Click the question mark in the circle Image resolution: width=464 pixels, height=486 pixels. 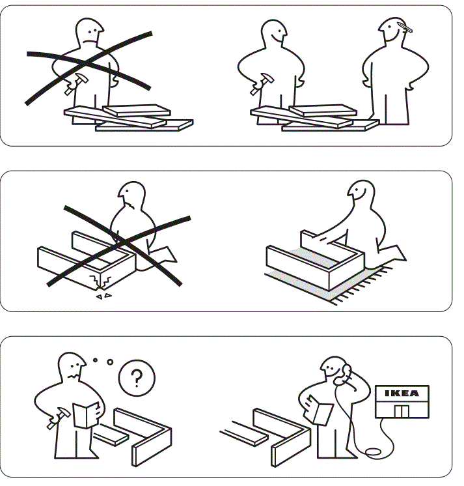tap(135, 377)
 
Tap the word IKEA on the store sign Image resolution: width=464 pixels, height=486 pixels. tap(402, 393)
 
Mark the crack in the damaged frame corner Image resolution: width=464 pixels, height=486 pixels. tap(99, 282)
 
